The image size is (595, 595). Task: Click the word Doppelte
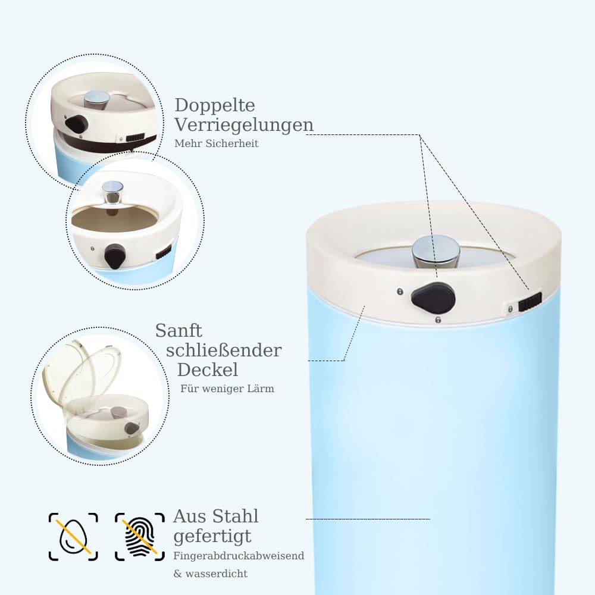tap(215, 105)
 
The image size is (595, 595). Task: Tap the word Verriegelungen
tap(244, 125)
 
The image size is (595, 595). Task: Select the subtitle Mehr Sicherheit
tap(217, 143)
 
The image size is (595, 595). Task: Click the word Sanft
tap(178, 330)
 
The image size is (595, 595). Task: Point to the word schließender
tap(224, 350)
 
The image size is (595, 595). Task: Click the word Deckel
tap(208, 369)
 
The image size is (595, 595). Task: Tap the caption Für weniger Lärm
tap(227, 389)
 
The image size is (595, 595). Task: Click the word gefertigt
tap(212, 537)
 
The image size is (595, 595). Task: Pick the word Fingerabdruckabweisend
tap(239, 556)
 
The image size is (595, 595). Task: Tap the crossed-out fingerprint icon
tap(140, 537)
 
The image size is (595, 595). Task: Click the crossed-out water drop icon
tap(73, 537)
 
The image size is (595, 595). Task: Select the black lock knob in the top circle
tap(77, 123)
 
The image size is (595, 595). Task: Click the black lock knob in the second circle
tap(115, 255)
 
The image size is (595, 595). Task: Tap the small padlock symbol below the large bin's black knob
tap(439, 320)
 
